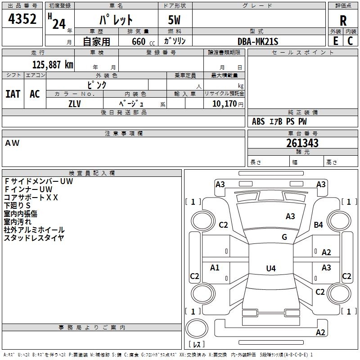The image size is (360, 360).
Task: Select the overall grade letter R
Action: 343,21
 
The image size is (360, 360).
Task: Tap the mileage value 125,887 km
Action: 53,64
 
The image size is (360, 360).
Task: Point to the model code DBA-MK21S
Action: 258,41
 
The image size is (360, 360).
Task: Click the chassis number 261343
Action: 302,143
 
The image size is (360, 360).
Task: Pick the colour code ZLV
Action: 75,103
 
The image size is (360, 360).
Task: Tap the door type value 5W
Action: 175,20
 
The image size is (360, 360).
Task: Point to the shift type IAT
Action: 13,94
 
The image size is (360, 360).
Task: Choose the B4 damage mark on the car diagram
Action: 319,225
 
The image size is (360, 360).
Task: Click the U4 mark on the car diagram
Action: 270,268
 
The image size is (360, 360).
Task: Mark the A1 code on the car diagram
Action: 215,268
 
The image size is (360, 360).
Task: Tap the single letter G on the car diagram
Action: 284,237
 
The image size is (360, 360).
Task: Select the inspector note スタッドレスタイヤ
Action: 34,238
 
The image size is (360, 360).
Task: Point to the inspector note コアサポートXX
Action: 31,197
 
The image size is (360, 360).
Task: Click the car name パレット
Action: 116,20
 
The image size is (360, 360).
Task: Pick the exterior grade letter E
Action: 335,41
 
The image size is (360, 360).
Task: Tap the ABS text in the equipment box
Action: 258,121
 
